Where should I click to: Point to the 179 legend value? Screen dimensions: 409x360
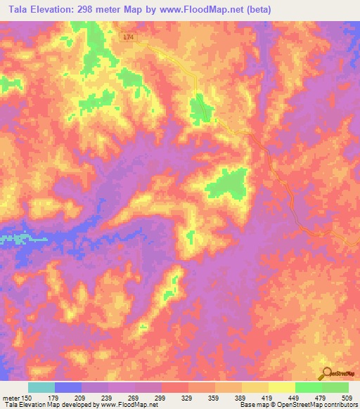click(53, 397)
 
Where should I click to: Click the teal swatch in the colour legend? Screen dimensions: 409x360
click(41, 387)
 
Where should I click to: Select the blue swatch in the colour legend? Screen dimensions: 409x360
click(68, 387)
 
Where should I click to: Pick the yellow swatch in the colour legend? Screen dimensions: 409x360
click(281, 387)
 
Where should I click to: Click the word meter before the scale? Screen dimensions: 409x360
click(11, 397)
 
